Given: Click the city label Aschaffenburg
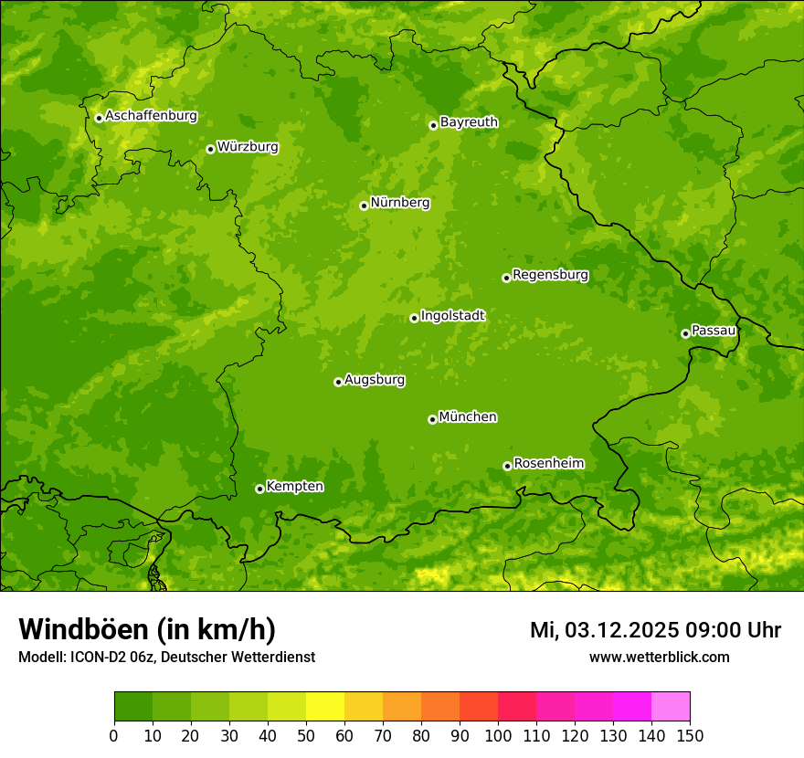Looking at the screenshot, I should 151,116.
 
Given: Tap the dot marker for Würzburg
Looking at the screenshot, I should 210,149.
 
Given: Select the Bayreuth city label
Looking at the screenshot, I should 469,121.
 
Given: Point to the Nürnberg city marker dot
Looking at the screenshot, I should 364,205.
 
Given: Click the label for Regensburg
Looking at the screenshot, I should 550,274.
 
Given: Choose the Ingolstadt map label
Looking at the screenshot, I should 452,315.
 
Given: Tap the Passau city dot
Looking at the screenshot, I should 685,333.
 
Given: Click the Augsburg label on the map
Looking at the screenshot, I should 375,379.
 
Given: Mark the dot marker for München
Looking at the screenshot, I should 432,419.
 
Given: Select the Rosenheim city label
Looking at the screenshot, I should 548,463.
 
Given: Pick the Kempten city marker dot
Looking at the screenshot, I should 259,489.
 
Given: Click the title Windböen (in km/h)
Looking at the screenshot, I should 147,629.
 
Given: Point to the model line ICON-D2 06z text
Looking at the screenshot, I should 166,657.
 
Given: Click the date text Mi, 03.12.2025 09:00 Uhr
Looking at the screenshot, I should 655,630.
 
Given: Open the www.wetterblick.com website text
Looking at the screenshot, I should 659,657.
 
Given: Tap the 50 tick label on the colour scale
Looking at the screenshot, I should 306,735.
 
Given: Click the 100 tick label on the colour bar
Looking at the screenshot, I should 498,735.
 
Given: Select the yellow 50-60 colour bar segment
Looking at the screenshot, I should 325,707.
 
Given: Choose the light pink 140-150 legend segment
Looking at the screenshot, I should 671,707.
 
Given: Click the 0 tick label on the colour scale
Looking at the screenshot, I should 114,735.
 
